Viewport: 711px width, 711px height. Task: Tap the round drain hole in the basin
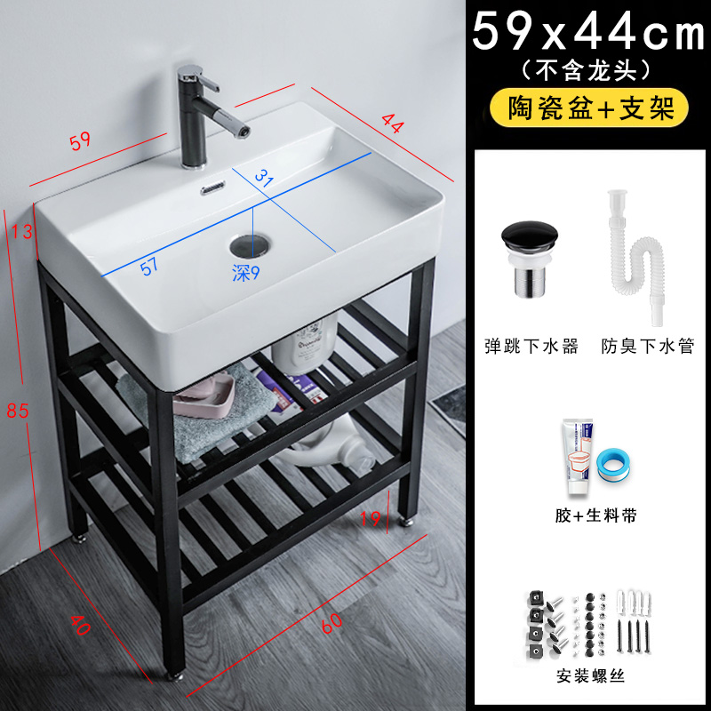(249, 244)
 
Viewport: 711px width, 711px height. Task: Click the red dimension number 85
(19, 411)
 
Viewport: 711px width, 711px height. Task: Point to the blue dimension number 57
(150, 266)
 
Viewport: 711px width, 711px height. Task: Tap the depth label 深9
(245, 273)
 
